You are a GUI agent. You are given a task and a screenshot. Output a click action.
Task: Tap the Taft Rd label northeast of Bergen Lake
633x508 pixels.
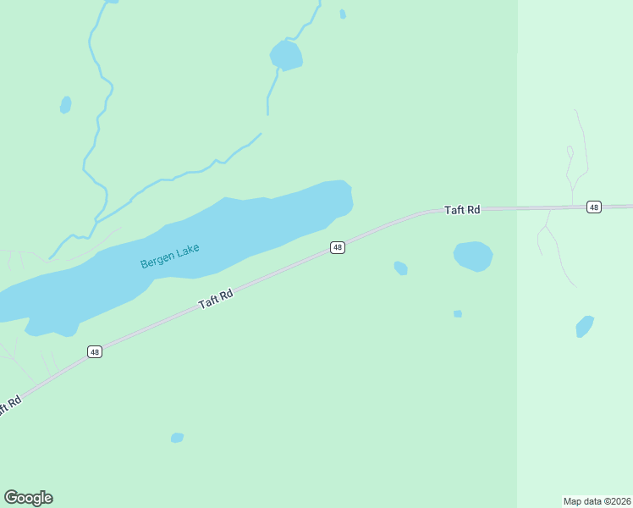[x=462, y=209]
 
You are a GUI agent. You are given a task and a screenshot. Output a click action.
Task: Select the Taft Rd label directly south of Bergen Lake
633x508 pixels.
[x=216, y=299]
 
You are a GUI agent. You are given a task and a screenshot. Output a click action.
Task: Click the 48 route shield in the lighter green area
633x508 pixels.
[x=593, y=207]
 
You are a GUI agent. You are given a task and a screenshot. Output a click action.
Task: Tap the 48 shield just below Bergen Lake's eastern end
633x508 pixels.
[x=338, y=247]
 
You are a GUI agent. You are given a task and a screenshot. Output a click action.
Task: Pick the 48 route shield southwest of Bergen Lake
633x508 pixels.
[x=94, y=351]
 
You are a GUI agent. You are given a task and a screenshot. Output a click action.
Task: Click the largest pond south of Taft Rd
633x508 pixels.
[x=473, y=256]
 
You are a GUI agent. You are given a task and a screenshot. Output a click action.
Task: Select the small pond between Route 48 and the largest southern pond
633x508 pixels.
[x=401, y=268]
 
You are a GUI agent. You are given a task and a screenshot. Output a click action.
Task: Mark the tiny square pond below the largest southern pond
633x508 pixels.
[x=458, y=314]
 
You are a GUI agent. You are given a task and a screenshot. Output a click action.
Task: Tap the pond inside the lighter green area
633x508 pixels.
[x=585, y=326]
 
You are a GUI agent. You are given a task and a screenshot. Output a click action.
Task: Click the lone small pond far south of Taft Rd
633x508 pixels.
[x=177, y=438]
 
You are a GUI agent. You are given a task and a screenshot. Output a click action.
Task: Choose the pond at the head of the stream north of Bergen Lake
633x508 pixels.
[x=286, y=56]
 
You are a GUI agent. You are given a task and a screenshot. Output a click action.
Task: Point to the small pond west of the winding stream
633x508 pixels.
[x=65, y=105]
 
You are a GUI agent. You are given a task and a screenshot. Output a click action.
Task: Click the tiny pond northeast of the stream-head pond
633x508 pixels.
[x=342, y=14]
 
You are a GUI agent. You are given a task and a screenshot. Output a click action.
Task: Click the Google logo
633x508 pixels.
[x=28, y=498]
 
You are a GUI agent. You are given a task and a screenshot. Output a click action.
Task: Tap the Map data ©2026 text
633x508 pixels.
[x=597, y=500]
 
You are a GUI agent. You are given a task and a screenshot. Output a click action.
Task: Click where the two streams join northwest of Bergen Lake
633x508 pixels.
[x=95, y=222]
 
